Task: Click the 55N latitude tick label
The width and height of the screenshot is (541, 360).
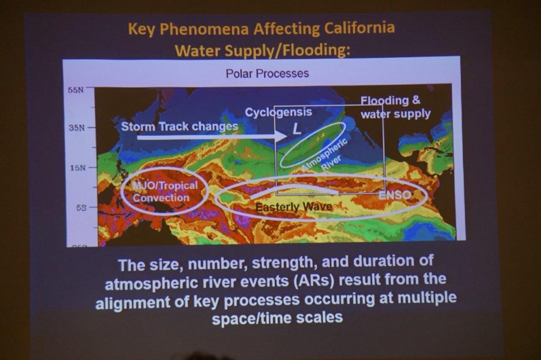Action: [76, 90]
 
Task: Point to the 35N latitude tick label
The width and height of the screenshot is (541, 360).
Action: [76, 128]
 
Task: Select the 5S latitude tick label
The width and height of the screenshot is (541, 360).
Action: [81, 208]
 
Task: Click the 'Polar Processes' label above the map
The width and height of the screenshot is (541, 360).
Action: [267, 73]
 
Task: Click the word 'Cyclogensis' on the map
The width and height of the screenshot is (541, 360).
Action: [278, 112]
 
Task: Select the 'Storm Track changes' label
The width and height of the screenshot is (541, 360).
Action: [180, 127]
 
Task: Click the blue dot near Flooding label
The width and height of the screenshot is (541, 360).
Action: [349, 124]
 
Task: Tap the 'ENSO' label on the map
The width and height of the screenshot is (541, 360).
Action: [395, 195]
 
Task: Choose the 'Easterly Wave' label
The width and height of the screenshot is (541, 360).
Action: [294, 207]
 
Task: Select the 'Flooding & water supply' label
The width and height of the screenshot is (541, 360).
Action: [395, 107]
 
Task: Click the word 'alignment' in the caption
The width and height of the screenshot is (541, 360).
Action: [133, 303]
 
